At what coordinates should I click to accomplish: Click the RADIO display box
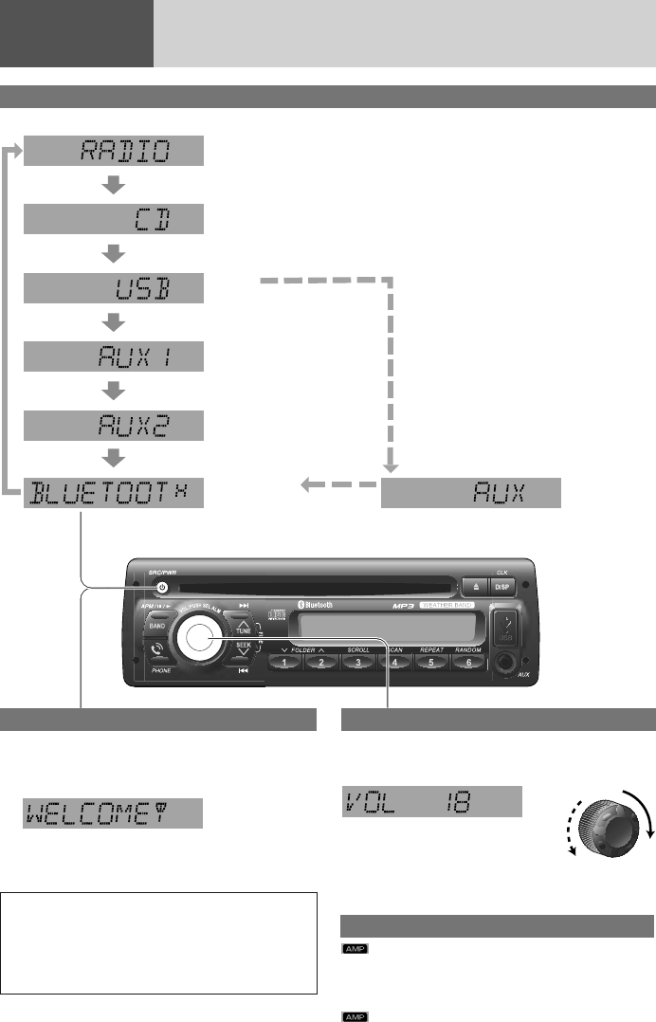click(x=114, y=151)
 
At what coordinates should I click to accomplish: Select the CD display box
click(x=114, y=221)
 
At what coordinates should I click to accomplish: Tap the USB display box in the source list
click(x=114, y=288)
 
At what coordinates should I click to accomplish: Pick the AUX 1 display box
click(x=114, y=356)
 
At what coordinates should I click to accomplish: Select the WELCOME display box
click(x=114, y=813)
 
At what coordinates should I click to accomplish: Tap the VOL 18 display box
click(x=431, y=801)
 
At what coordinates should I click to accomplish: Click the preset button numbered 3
click(x=358, y=664)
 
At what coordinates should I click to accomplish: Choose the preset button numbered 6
click(x=468, y=664)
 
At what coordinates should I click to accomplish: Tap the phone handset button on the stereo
click(x=155, y=652)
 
